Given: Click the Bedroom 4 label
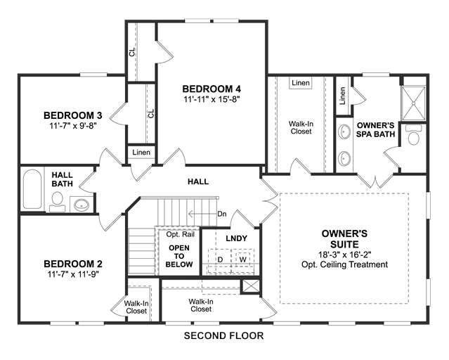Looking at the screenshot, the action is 212,89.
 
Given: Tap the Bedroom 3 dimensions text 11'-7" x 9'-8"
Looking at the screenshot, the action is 73,126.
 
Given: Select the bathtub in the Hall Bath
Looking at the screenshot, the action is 32,189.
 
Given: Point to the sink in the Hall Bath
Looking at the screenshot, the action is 82,205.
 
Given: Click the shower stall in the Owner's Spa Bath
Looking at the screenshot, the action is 413,103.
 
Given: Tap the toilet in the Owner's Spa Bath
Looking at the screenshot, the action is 413,135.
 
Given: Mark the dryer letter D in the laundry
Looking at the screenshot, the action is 220,259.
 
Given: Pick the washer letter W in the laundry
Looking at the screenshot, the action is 243,259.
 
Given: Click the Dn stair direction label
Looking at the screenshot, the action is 222,214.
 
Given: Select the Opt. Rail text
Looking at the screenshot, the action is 181,234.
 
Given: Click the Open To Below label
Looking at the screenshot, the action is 179,256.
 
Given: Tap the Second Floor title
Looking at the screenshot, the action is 223,335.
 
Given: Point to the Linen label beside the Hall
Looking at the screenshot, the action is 141,152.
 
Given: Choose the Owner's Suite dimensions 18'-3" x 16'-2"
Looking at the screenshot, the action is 345,255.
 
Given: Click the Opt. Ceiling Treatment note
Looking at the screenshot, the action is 345,264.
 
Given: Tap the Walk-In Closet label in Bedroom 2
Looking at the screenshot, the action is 136,307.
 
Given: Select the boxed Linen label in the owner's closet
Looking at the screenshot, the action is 301,83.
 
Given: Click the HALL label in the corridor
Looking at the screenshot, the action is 198,181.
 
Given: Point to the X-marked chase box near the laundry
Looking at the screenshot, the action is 251,286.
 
